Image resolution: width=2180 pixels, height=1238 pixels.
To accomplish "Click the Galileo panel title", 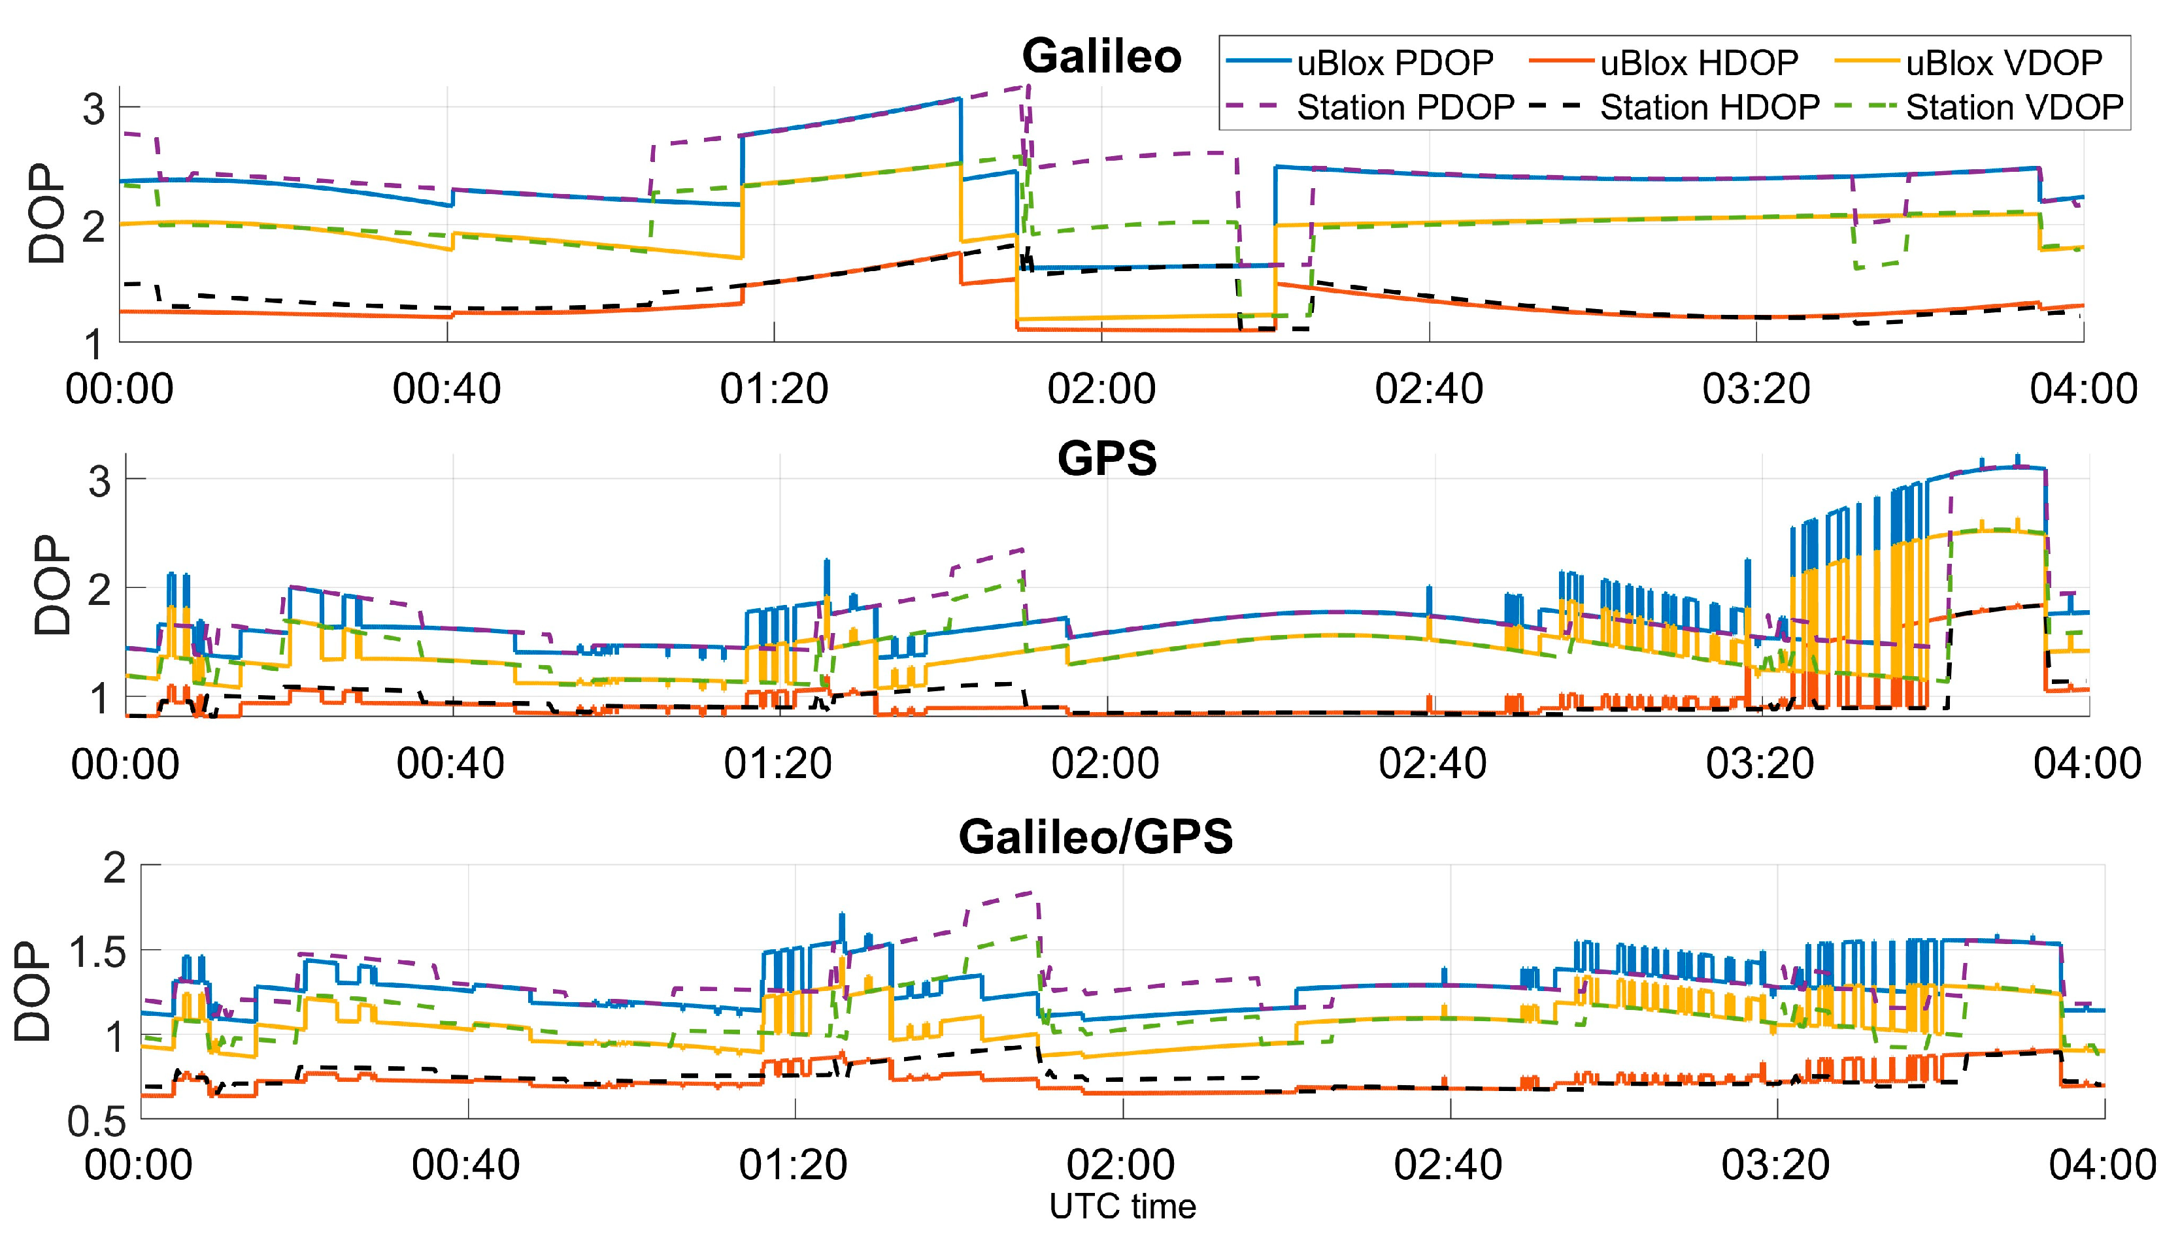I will tap(1101, 57).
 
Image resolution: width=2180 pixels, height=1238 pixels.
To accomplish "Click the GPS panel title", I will tap(1107, 459).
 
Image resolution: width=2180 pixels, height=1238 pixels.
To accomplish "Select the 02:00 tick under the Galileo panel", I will tap(1101, 389).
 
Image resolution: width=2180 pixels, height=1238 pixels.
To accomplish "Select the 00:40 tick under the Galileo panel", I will tap(446, 389).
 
